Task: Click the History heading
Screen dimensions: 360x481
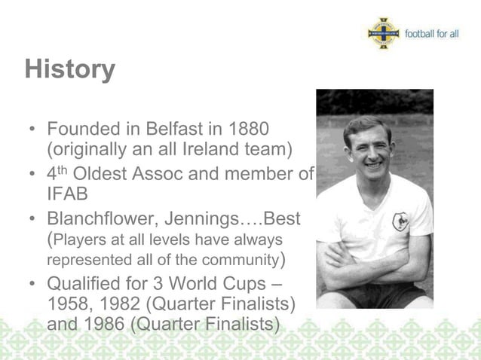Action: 69,69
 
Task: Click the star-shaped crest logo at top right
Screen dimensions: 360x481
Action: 383,34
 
